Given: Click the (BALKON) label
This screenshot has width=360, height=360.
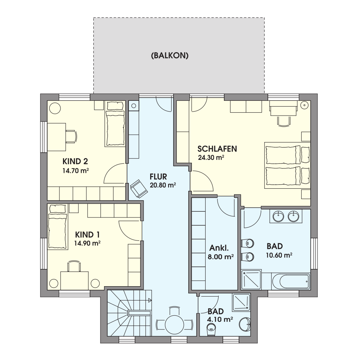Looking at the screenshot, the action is point(170,56).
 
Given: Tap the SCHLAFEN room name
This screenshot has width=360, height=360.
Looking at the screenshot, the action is point(217,149).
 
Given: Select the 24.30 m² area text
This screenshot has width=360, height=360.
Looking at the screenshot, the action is point(211,158).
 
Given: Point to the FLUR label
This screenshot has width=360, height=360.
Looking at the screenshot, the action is point(158,176).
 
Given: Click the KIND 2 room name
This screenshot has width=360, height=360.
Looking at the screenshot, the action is point(75,161).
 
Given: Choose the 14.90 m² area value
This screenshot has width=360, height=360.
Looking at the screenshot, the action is point(87,243).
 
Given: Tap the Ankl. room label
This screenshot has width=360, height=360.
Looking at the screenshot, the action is point(219,248).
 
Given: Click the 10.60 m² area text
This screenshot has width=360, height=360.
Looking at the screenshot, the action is point(279,255).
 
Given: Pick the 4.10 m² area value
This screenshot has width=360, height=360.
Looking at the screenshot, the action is point(220,319).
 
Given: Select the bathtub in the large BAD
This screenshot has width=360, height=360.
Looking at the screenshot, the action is point(291,280).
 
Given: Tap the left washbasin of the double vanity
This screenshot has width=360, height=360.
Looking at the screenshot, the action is point(279,216).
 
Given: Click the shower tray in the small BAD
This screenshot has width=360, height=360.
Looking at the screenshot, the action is point(241,302).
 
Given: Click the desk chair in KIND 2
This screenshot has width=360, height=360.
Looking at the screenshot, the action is point(71,136).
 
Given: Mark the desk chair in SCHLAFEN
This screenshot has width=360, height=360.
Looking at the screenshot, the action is point(284,121).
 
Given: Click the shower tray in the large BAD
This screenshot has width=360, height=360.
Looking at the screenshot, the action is point(251,280).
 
